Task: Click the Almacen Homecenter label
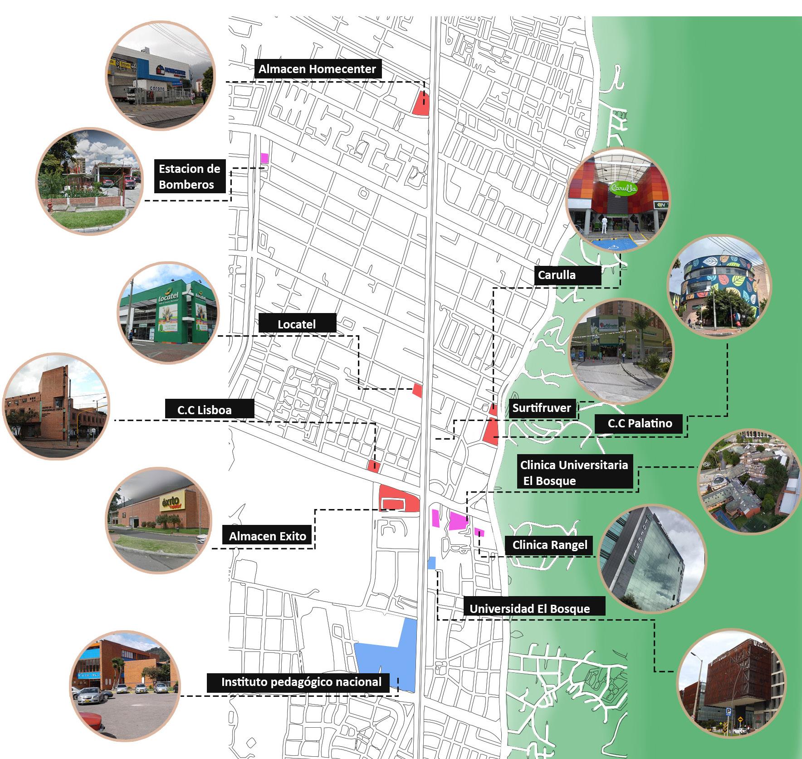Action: [x=317, y=69]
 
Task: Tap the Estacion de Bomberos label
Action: [x=190, y=176]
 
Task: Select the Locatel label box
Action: [x=297, y=324]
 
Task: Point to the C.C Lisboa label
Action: [x=205, y=410]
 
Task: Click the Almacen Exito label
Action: [x=268, y=536]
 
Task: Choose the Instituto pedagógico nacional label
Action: [x=301, y=682]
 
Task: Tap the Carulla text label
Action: [x=557, y=275]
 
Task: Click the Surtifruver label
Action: [x=542, y=408]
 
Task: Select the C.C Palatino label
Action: [x=640, y=423]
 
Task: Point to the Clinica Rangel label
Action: [x=550, y=545]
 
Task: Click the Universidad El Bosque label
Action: [x=530, y=609]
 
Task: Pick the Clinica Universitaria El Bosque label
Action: [x=574, y=473]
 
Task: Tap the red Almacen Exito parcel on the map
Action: [x=399, y=497]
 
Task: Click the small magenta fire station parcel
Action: [x=264, y=158]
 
